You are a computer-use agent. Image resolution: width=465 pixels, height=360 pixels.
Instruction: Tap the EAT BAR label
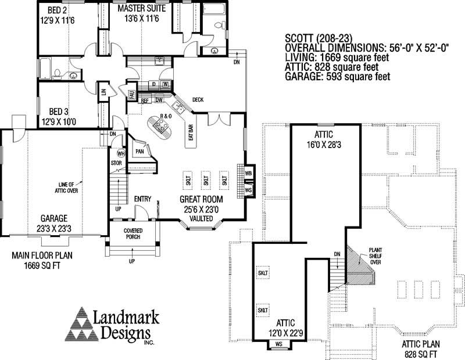tap(191, 135)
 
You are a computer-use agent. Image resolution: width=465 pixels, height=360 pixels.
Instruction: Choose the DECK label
tap(198, 100)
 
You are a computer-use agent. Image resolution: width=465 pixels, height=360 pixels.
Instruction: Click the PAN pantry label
tap(139, 152)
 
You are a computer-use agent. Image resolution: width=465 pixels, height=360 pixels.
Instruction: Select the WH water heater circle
tap(121, 154)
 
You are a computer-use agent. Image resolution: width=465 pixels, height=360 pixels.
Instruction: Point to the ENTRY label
tap(142, 199)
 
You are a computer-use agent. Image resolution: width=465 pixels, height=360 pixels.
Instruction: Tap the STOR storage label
tap(116, 163)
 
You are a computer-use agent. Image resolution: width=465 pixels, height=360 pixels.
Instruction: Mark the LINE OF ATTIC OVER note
tap(68, 186)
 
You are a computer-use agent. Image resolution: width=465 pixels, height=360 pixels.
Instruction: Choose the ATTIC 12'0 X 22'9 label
tap(281, 327)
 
